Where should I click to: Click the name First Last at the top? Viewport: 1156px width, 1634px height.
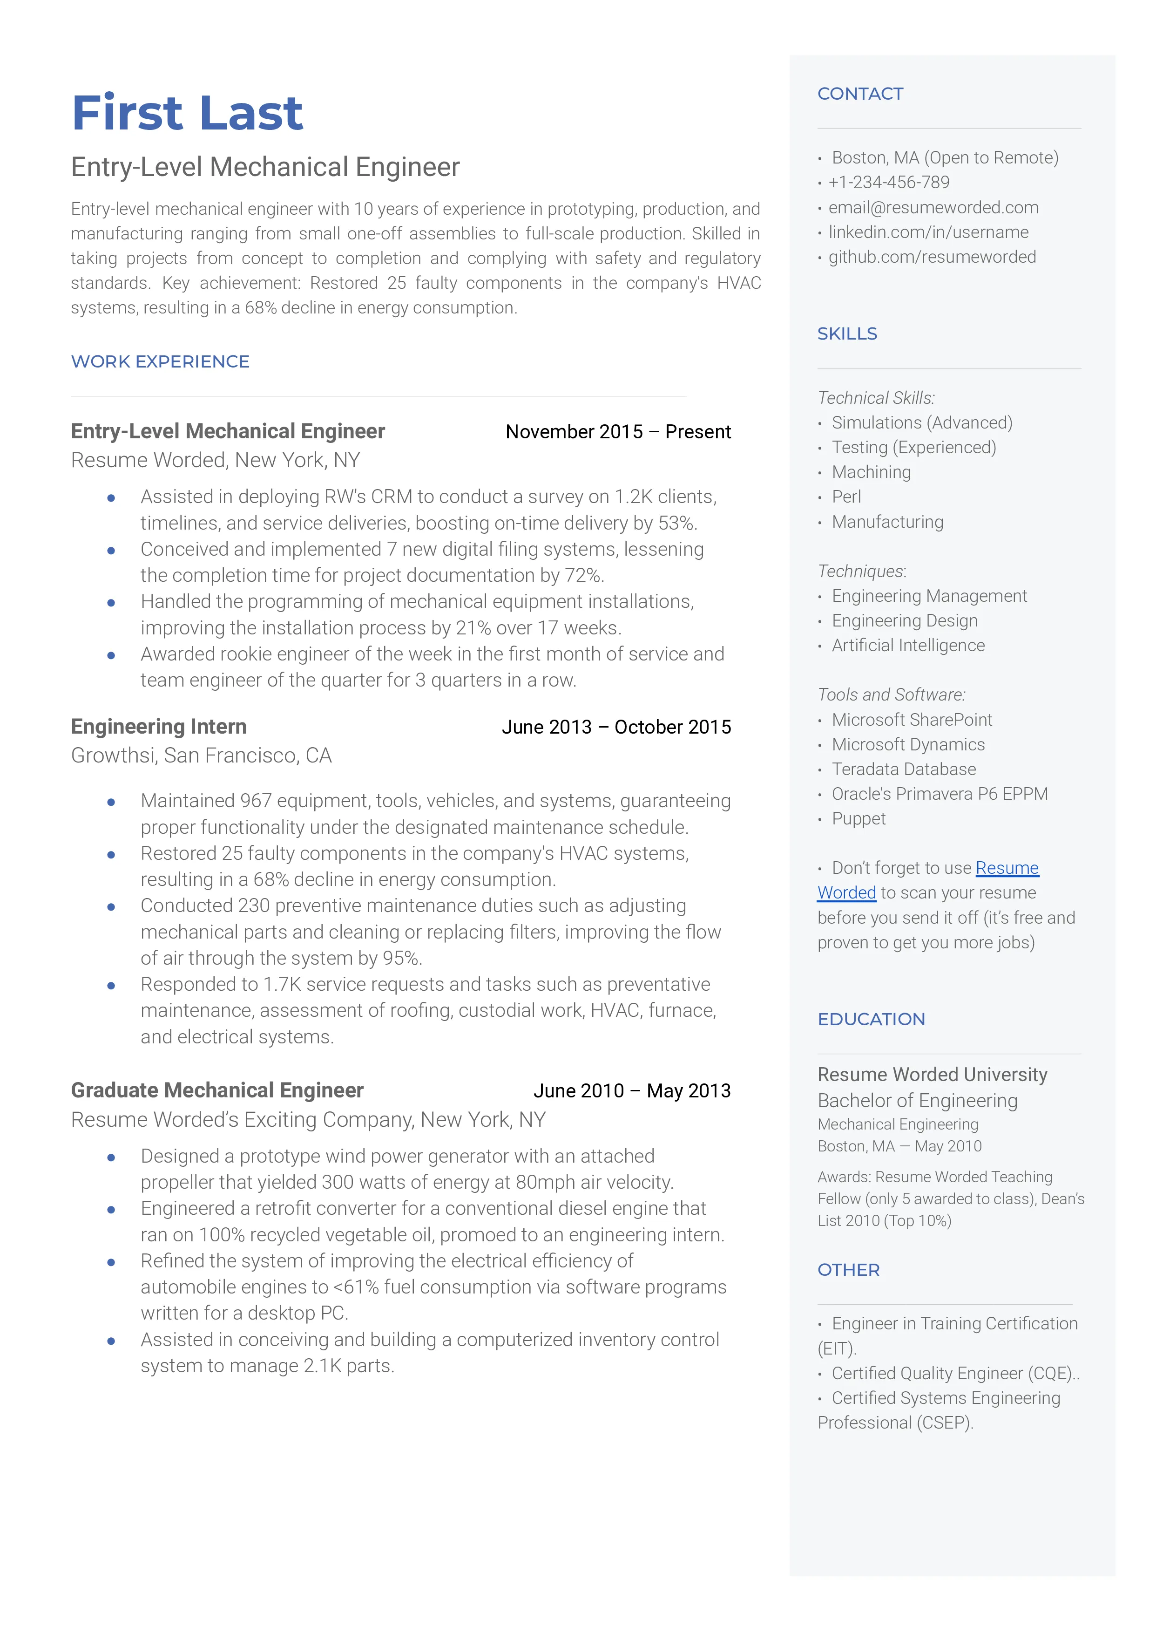click(187, 113)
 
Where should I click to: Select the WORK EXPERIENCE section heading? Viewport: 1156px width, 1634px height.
click(160, 361)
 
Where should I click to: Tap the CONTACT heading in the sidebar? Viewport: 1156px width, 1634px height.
click(860, 94)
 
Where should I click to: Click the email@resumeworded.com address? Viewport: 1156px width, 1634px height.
click(933, 207)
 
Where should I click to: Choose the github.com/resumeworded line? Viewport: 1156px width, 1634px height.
click(932, 257)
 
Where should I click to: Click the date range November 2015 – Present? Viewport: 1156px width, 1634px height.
click(618, 432)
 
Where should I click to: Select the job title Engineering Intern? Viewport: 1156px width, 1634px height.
click(159, 726)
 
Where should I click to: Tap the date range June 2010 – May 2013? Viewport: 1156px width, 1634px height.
click(631, 1091)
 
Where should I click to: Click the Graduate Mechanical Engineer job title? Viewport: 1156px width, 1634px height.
click(217, 1090)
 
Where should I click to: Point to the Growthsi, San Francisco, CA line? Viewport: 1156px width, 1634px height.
click(202, 756)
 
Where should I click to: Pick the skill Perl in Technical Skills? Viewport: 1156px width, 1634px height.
click(846, 497)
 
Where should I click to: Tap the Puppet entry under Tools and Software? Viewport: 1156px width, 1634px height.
click(859, 819)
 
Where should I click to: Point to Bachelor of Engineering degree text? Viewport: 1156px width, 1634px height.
click(917, 1101)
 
